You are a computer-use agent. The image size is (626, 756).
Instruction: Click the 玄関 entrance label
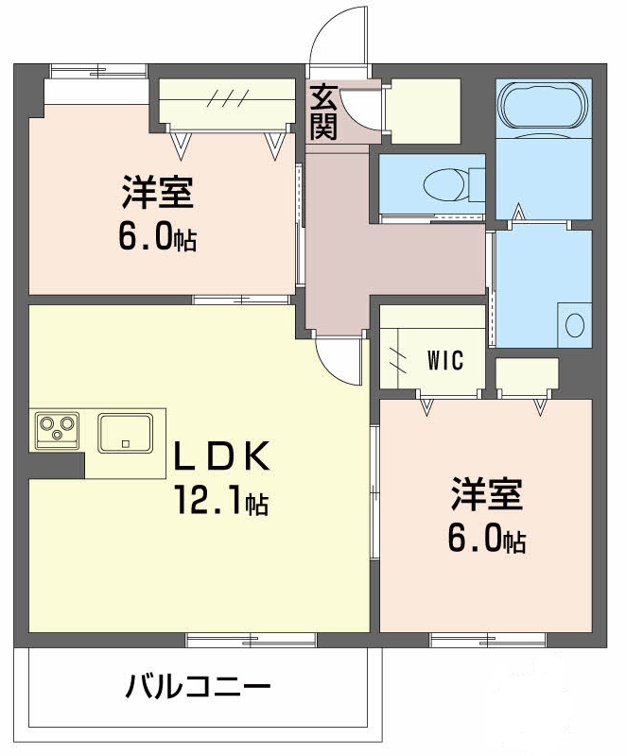(x=323, y=112)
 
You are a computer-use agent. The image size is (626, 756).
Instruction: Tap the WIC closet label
(x=444, y=360)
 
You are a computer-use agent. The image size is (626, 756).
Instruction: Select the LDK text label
(x=222, y=456)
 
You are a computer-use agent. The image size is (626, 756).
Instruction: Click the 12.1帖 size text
(x=219, y=501)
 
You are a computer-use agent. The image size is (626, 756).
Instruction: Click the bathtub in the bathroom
(x=543, y=104)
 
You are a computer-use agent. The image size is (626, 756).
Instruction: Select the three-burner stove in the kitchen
(x=57, y=430)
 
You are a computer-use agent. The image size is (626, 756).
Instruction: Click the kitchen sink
(x=125, y=432)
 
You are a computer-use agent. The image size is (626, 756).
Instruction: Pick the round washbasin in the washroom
(x=574, y=325)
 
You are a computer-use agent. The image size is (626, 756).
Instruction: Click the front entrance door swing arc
(x=337, y=38)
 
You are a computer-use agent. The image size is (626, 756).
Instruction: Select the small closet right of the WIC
(x=526, y=375)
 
